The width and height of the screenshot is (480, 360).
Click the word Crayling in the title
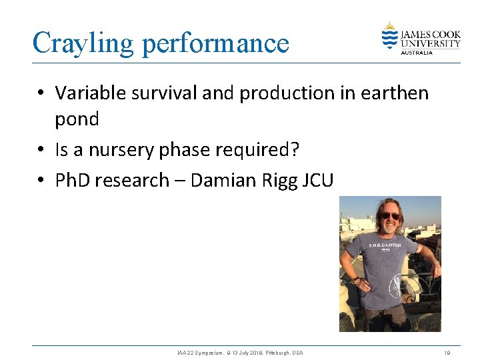click(x=83, y=43)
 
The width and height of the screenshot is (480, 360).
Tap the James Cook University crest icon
click(x=389, y=36)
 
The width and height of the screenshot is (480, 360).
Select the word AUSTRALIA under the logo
click(x=417, y=52)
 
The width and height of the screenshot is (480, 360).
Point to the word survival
click(x=163, y=93)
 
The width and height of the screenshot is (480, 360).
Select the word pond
click(x=77, y=120)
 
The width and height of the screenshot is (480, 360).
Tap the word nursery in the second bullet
click(x=121, y=150)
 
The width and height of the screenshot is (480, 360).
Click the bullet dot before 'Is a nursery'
click(x=42, y=151)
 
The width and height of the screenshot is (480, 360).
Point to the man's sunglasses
click(x=390, y=216)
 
